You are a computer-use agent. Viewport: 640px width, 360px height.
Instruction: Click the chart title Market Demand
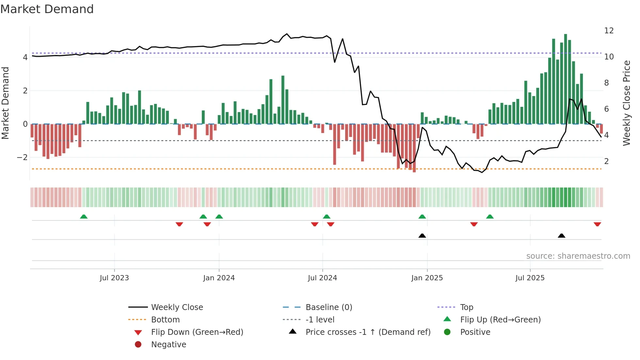47,9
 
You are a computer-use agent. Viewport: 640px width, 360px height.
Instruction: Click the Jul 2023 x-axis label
114,278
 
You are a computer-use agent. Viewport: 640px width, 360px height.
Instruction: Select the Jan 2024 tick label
219,278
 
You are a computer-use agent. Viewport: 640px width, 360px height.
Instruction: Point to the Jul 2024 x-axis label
322,278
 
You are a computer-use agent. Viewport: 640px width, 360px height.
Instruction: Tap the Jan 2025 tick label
427,278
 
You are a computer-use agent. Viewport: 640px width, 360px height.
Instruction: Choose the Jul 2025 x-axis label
530,278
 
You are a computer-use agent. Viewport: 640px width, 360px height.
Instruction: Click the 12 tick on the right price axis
609,31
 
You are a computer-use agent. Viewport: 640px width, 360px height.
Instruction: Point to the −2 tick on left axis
22,157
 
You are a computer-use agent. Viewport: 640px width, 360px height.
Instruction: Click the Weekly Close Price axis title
626,103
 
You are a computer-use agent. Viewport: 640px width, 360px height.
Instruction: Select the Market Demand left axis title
5,103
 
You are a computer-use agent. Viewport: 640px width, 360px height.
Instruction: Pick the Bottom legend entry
165,320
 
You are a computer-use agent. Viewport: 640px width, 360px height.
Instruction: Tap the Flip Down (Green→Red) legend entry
197,332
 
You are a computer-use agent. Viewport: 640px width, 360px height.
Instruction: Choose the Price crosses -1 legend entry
368,332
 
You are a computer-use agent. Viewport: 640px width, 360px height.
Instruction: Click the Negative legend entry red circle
138,345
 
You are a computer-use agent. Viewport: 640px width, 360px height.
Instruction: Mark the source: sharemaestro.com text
578,256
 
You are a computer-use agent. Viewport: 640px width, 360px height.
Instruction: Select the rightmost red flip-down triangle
597,224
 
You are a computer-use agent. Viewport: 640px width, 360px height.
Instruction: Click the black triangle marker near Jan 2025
422,236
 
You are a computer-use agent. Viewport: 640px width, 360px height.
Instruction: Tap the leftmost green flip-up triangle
84,217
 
